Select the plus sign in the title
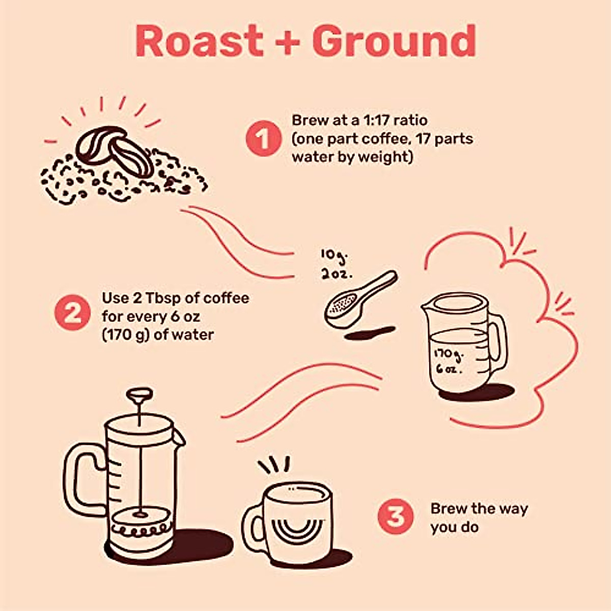pyautogui.click(x=288, y=42)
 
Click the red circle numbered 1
pyautogui.click(x=263, y=138)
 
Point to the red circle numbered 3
pyautogui.click(x=396, y=516)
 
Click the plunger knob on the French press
pyautogui.click(x=140, y=394)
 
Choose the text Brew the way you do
pyautogui.click(x=479, y=517)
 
